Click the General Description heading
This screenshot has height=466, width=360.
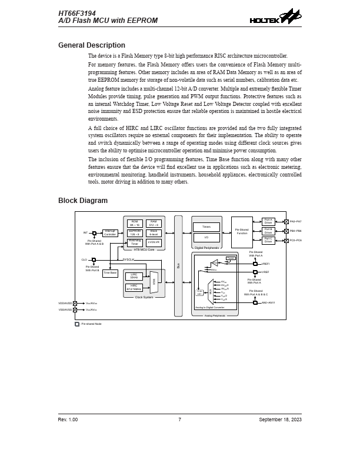click(91, 45)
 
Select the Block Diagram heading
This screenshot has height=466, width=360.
click(83, 201)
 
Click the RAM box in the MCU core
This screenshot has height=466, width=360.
click(154, 223)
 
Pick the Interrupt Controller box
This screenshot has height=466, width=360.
click(110, 232)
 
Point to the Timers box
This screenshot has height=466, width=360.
click(206, 227)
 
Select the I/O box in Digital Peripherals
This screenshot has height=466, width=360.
click(206, 238)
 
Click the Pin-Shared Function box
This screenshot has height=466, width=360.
click(241, 231)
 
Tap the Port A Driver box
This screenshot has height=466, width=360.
click(268, 221)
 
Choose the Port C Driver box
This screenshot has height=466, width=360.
click(268, 240)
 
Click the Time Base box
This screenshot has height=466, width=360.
click(110, 273)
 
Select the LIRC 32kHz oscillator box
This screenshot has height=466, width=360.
click(134, 275)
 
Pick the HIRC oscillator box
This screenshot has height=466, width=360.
click(134, 288)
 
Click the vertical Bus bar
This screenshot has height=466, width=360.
click(178, 265)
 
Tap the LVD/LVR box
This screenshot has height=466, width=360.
click(154, 242)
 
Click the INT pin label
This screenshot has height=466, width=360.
click(85, 232)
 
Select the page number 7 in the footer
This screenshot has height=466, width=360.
click(179, 420)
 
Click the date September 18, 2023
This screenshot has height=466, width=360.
click(280, 420)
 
